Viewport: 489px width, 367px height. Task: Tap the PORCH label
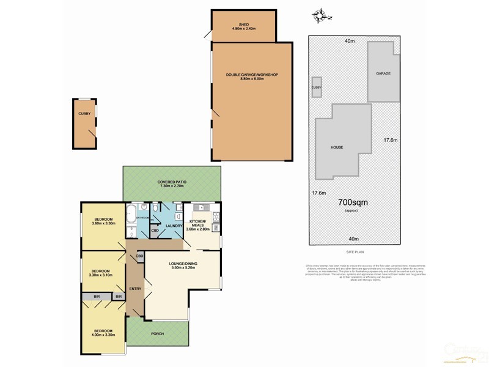tap(158, 334)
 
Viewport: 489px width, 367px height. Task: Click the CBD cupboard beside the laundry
tap(155, 231)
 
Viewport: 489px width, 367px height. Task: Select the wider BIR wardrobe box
tap(97, 296)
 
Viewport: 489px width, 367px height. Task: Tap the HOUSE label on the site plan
tap(337, 147)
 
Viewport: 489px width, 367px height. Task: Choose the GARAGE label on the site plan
tap(383, 73)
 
